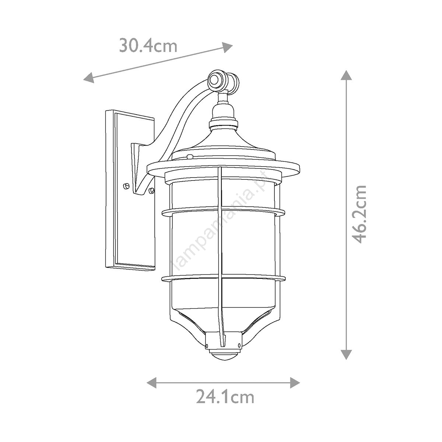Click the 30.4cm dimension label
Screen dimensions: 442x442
(148, 46)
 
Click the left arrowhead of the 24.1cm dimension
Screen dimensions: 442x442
(152, 383)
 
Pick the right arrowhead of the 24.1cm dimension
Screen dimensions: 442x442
(295, 383)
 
